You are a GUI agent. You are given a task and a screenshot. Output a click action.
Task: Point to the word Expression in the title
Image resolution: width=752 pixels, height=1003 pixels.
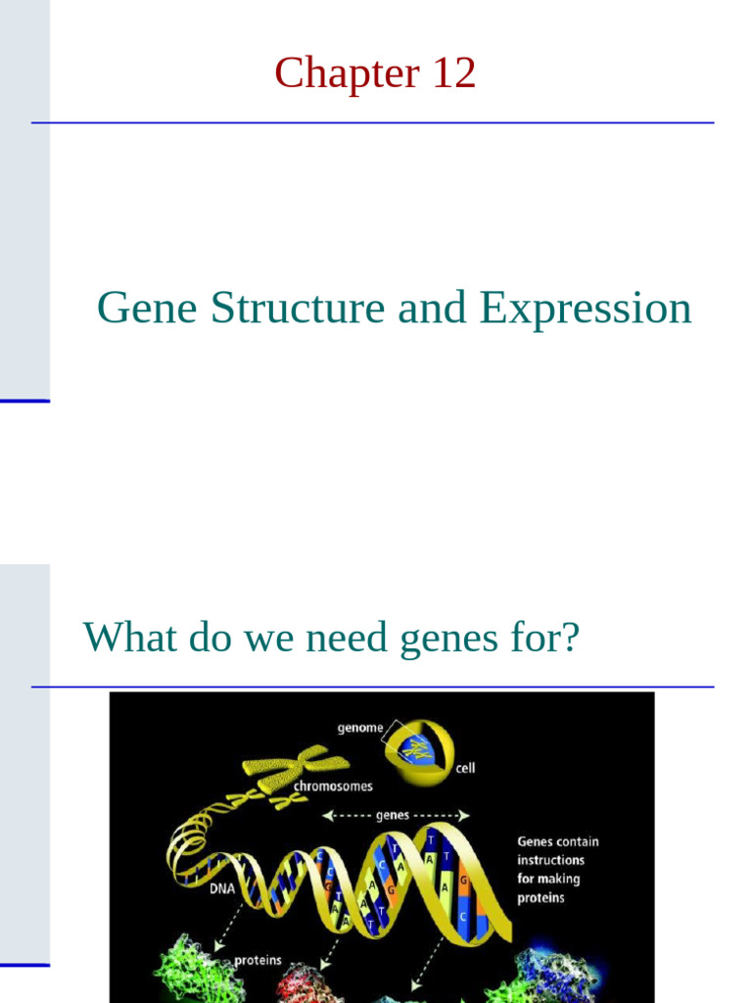[x=585, y=309]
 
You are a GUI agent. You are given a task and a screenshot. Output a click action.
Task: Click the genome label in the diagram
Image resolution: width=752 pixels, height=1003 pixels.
[x=360, y=728]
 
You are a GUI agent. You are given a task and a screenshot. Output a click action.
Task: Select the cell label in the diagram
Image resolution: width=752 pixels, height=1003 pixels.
[x=465, y=768]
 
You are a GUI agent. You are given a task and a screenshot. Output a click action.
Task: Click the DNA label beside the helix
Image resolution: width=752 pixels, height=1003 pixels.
[x=220, y=889]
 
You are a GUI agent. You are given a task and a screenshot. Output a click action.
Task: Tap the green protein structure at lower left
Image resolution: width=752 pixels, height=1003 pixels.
[x=191, y=970]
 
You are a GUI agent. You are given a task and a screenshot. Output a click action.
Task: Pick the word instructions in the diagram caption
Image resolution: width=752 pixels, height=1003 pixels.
[x=550, y=860]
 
